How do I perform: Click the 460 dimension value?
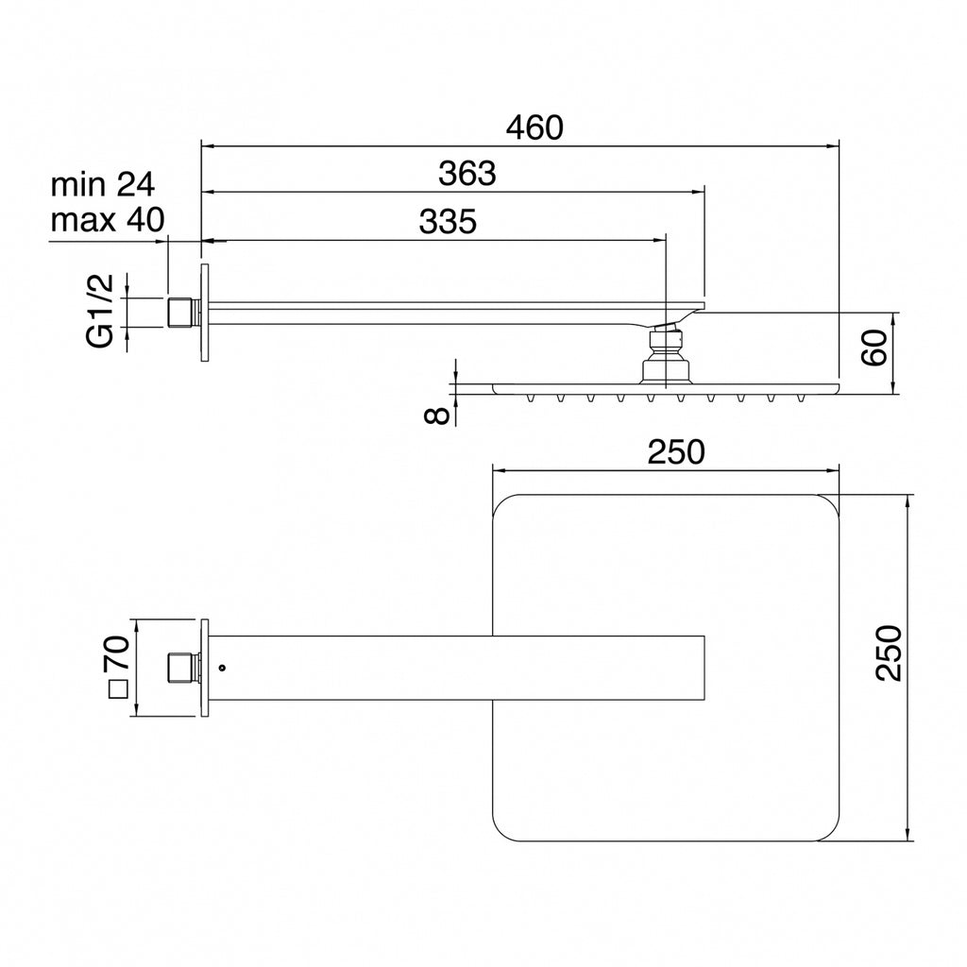(534, 127)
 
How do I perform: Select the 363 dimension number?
(467, 174)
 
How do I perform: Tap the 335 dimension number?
(448, 221)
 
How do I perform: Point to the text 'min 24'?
(102, 184)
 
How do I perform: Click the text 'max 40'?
(108, 219)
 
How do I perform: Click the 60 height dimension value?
(874, 348)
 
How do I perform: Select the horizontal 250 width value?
(676, 451)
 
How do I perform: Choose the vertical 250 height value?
(889, 653)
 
